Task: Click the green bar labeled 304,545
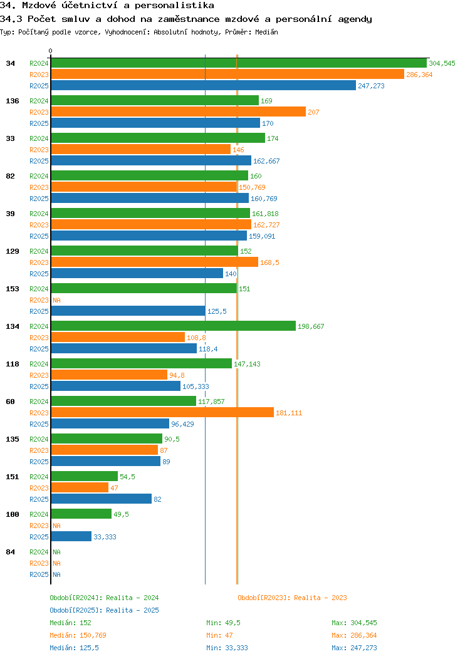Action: (x=238, y=63)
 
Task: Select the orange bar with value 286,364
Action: (x=227, y=75)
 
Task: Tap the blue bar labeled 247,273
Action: (x=203, y=86)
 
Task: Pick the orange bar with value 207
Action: (x=178, y=112)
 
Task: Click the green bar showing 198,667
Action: (x=173, y=326)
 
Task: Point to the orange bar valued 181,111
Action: (x=162, y=413)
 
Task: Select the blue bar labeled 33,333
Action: (x=71, y=537)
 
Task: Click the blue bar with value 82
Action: (x=101, y=499)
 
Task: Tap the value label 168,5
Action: (x=269, y=262)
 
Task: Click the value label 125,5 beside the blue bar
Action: (x=217, y=311)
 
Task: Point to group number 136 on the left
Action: (x=12, y=101)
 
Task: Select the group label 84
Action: (x=10, y=552)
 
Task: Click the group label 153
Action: (x=12, y=289)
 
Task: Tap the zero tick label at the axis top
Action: (x=51, y=51)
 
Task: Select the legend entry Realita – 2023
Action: (x=292, y=598)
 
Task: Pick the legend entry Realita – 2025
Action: (x=104, y=610)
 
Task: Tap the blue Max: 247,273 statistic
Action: (x=354, y=648)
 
